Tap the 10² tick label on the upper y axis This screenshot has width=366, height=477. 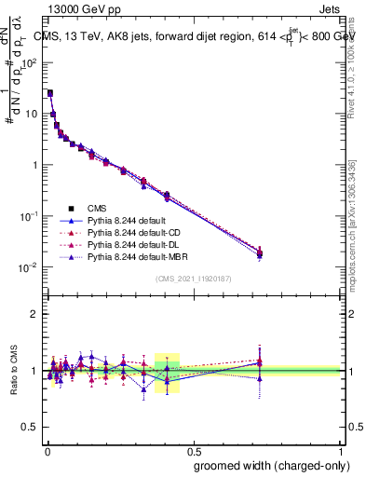click(x=29, y=63)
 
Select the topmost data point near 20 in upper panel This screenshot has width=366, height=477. click(x=49, y=93)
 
